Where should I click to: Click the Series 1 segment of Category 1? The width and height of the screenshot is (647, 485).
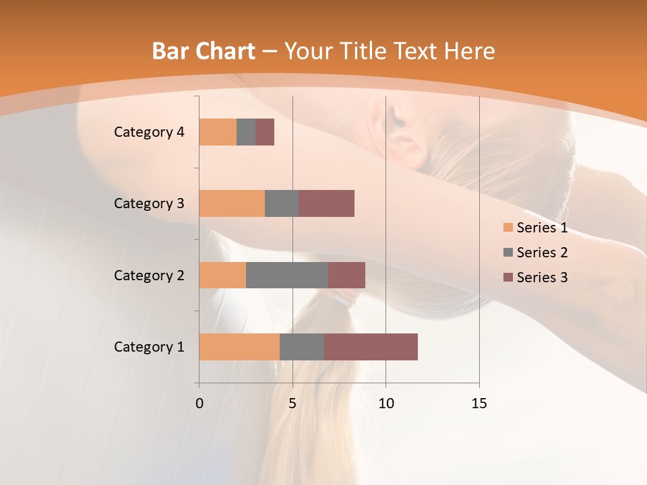[239, 347]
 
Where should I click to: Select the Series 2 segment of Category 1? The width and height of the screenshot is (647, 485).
[302, 347]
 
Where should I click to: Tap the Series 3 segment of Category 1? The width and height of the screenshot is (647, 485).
[371, 347]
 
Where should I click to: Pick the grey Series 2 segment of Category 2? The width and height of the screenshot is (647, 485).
[287, 275]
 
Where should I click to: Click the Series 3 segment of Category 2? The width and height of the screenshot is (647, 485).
[346, 275]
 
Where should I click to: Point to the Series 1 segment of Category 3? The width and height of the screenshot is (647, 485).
[232, 203]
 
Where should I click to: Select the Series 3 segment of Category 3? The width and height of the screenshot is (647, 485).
[326, 203]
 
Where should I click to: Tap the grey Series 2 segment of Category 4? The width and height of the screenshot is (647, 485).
[246, 132]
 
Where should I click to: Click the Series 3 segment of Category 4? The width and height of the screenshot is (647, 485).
[265, 132]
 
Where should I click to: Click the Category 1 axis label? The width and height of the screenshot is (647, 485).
[148, 347]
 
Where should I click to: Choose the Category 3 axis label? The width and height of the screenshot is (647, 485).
[148, 203]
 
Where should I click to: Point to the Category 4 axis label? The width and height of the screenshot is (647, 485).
[148, 132]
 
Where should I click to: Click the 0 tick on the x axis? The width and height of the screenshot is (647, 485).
[199, 403]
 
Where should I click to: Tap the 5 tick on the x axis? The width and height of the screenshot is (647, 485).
[292, 403]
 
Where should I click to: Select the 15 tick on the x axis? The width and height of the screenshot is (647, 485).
[479, 403]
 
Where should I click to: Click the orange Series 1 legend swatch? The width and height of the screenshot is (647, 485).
[507, 228]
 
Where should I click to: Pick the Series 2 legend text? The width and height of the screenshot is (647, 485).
[542, 253]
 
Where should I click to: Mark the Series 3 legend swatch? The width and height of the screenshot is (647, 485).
[507, 278]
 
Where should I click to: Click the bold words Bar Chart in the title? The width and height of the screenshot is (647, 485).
[204, 51]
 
